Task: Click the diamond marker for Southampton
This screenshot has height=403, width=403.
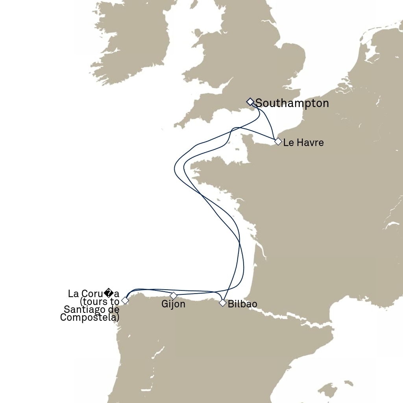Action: (250, 102)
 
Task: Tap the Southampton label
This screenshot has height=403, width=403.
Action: (292, 104)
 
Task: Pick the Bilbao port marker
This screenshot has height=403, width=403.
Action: (223, 303)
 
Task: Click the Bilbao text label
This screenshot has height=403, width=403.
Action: (242, 304)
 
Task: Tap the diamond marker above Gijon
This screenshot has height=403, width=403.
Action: (173, 296)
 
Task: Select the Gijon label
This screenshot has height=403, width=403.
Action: (173, 304)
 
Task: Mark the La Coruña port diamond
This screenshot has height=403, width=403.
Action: (125, 300)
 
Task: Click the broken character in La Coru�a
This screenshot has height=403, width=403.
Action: (109, 294)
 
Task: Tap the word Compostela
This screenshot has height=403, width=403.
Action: (89, 317)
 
